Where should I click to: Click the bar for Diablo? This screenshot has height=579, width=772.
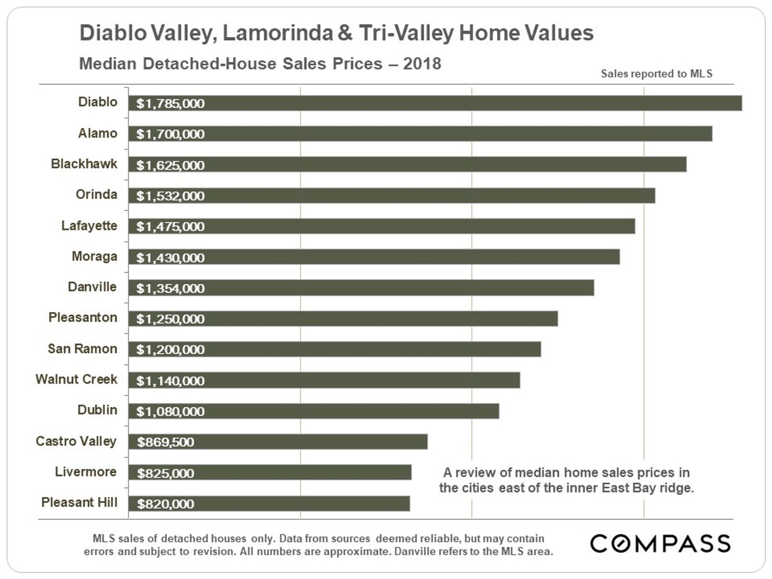pos(435,103)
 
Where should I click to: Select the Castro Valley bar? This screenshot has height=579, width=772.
pos(278,442)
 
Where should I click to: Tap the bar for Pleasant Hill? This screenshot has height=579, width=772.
pos(269,504)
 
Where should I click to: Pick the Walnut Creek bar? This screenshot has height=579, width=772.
pos(324,380)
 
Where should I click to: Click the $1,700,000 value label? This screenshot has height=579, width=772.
pos(170,134)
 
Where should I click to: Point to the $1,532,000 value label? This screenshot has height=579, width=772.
pos(170,196)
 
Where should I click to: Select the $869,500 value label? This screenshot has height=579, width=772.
pos(166,442)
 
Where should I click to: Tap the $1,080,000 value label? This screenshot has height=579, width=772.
pos(170,411)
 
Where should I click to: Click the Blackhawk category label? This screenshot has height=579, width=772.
pos(84,164)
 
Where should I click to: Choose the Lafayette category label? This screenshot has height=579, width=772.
pos(89,225)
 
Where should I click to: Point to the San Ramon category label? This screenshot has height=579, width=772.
pos(82,349)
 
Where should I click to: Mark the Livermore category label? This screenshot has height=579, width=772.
pos(86,472)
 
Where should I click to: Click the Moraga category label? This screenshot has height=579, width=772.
pos(94,256)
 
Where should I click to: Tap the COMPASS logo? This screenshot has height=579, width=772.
pos(660,543)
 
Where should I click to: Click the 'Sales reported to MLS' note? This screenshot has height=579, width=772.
pos(656,74)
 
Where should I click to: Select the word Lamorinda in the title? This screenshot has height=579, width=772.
pos(277,33)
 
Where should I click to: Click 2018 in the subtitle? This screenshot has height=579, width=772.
pos(422,64)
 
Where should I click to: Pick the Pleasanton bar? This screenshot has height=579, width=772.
pos(343,319)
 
